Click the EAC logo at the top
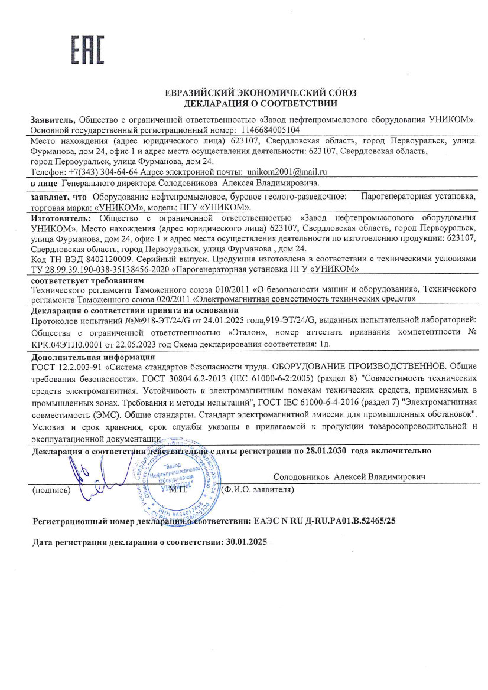coord(87,50)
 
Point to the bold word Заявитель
coord(52,119)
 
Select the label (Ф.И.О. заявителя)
coord(257,490)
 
